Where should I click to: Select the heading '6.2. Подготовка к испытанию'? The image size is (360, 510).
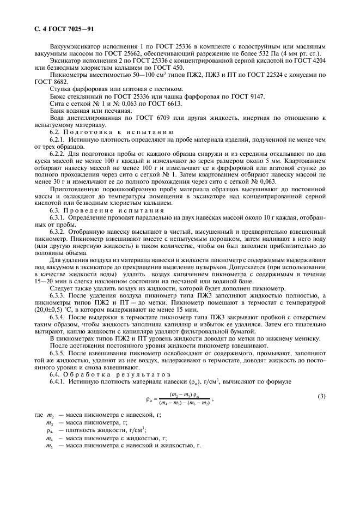click(x=104, y=132)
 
